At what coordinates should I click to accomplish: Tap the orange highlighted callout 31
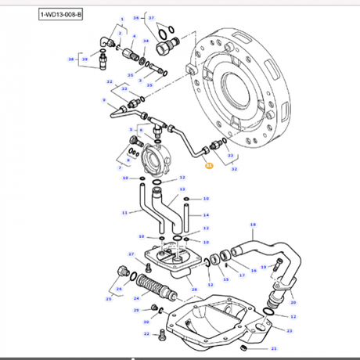pos(208,166)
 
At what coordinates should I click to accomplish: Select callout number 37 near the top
pos(152,17)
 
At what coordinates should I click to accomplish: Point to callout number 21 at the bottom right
pos(274,348)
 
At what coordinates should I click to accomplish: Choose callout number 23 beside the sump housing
pos(289,331)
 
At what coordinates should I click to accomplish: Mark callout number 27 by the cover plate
pos(131,254)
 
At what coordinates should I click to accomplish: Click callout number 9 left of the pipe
pos(103,100)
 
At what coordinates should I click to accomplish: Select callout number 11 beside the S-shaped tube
pos(124,212)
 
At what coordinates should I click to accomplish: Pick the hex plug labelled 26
pos(122,272)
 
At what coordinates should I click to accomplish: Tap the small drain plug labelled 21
pos(245,344)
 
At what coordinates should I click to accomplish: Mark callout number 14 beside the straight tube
pos(206,214)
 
